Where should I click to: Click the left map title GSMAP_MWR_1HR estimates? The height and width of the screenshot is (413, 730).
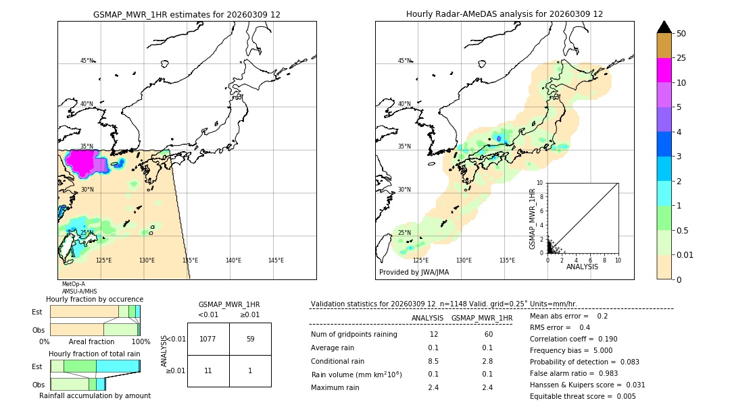(187, 14)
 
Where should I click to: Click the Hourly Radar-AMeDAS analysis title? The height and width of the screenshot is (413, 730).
(504, 14)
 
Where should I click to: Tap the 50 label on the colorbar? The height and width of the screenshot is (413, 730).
(681, 34)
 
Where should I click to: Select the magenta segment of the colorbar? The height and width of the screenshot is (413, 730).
(664, 71)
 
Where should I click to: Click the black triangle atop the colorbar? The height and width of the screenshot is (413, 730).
(664, 27)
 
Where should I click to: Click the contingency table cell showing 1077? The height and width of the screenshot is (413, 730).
(208, 339)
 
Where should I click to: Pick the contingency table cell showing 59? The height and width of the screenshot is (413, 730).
(250, 339)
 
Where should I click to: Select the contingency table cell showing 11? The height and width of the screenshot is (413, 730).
(208, 371)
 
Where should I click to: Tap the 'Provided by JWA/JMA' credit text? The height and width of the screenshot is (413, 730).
(414, 273)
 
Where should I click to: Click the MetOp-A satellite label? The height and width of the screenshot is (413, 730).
(74, 284)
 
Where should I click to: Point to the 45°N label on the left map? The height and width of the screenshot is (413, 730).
(87, 61)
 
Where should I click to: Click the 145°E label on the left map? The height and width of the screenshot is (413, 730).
(276, 260)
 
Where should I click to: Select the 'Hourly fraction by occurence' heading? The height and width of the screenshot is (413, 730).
(95, 299)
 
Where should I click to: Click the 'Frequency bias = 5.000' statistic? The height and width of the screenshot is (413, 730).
(571, 350)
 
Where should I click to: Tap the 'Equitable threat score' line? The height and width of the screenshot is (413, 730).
(583, 396)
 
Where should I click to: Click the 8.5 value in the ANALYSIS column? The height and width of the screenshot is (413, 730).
(434, 361)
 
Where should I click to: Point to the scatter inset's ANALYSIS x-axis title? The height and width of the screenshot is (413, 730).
(582, 267)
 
